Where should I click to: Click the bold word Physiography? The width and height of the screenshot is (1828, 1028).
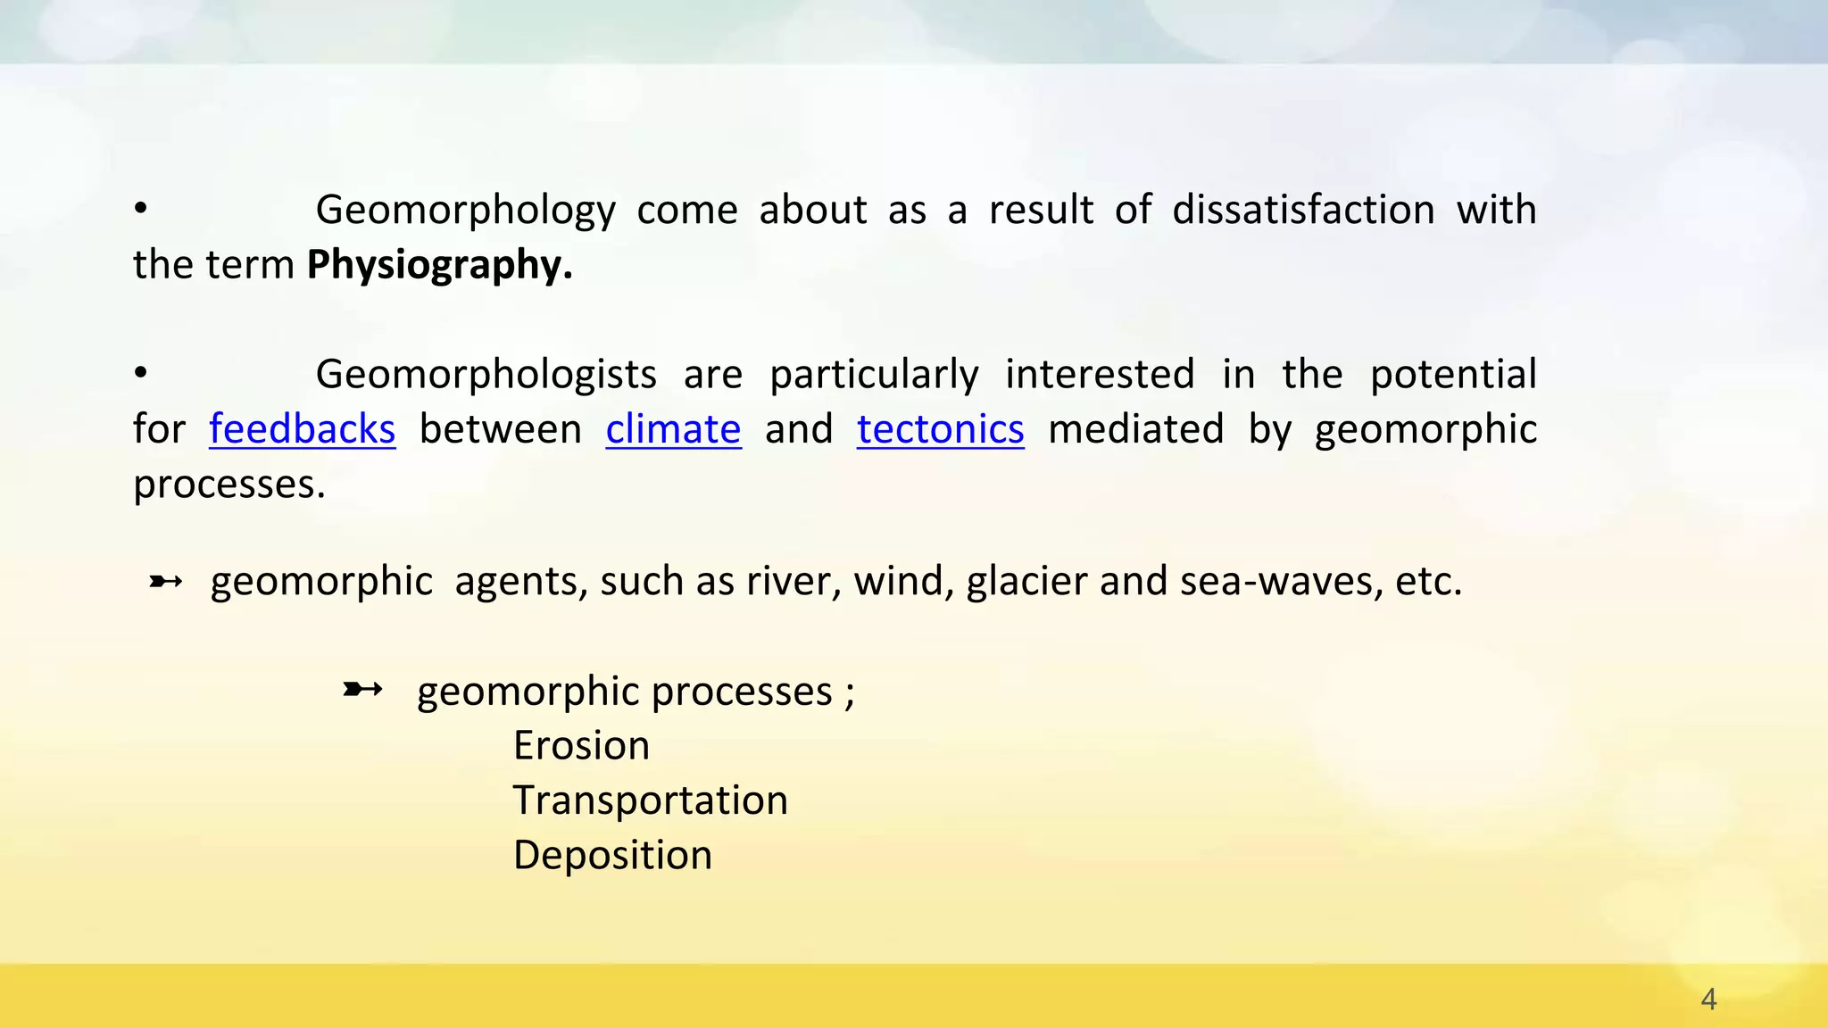(x=439, y=265)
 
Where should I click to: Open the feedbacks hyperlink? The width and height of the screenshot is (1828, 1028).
(x=302, y=429)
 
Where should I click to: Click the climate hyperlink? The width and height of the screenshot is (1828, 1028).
(x=673, y=429)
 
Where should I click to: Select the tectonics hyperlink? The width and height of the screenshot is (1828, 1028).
(x=940, y=429)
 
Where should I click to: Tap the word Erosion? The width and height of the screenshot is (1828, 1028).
(x=581, y=745)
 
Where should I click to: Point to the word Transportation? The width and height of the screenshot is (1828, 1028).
(x=650, y=800)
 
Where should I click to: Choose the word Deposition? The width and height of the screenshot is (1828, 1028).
(x=612, y=855)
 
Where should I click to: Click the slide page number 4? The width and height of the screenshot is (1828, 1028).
(x=1708, y=999)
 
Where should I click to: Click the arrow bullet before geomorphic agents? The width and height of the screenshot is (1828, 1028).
(x=166, y=583)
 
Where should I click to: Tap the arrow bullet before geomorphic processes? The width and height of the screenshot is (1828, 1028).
(x=362, y=689)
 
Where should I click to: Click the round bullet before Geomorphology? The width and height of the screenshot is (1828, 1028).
(x=140, y=209)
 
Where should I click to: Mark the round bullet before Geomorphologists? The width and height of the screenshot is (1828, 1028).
(x=140, y=373)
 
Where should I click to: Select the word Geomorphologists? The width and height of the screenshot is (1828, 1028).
(x=486, y=375)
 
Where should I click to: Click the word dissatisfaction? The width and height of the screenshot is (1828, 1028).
(x=1303, y=210)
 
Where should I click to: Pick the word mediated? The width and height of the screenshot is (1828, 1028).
(x=1135, y=429)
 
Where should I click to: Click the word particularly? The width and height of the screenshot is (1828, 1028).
(x=874, y=375)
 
